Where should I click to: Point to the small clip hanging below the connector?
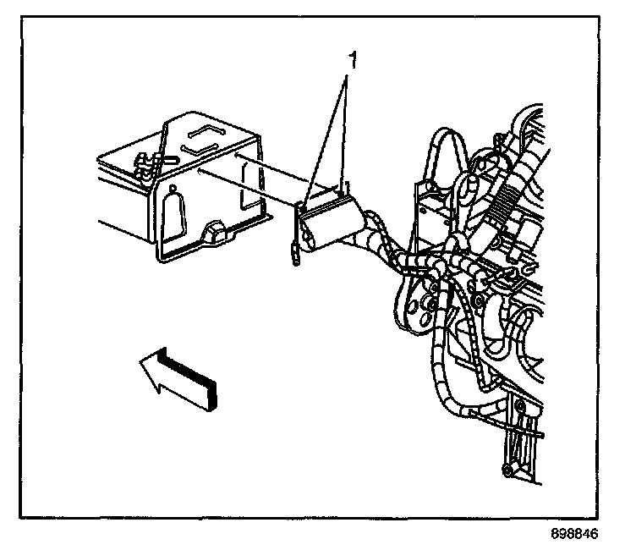click(x=294, y=254)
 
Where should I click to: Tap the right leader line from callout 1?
click(x=346, y=127)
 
